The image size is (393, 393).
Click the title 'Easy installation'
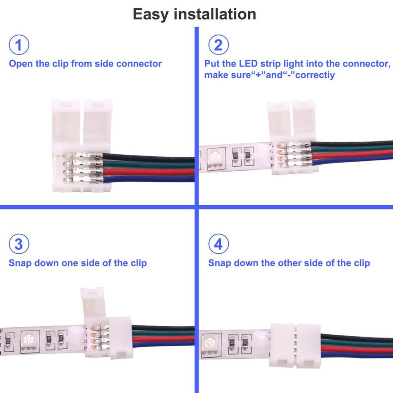194,14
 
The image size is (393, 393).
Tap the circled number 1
18,45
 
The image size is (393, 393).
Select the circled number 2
218,45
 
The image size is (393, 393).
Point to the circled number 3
18,244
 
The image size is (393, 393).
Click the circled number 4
218,244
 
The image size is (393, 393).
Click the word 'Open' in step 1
21,64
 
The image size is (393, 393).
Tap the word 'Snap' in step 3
20,263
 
